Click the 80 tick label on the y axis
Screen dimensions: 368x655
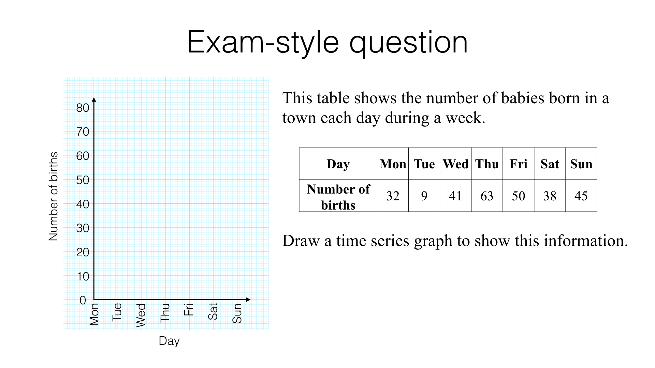[83, 108]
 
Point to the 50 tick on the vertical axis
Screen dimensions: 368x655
[83, 180]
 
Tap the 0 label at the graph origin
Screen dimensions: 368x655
[83, 301]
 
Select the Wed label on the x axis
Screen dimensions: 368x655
[141, 315]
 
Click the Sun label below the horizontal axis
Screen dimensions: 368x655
[237, 313]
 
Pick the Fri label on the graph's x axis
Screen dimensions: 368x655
[189, 309]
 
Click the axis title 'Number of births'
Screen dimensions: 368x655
[54, 196]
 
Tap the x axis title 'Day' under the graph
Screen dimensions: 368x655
[169, 341]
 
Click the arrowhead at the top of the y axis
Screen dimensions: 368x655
[94, 99]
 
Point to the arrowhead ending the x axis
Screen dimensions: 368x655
[248, 300]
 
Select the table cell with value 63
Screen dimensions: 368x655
[487, 196]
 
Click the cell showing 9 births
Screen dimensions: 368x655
[424, 196]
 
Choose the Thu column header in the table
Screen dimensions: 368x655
[487, 164]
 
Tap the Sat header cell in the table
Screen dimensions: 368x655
[550, 164]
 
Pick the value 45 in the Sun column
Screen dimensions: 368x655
[581, 196]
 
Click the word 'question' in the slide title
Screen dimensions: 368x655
[408, 43]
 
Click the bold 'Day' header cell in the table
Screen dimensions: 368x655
[338, 164]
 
